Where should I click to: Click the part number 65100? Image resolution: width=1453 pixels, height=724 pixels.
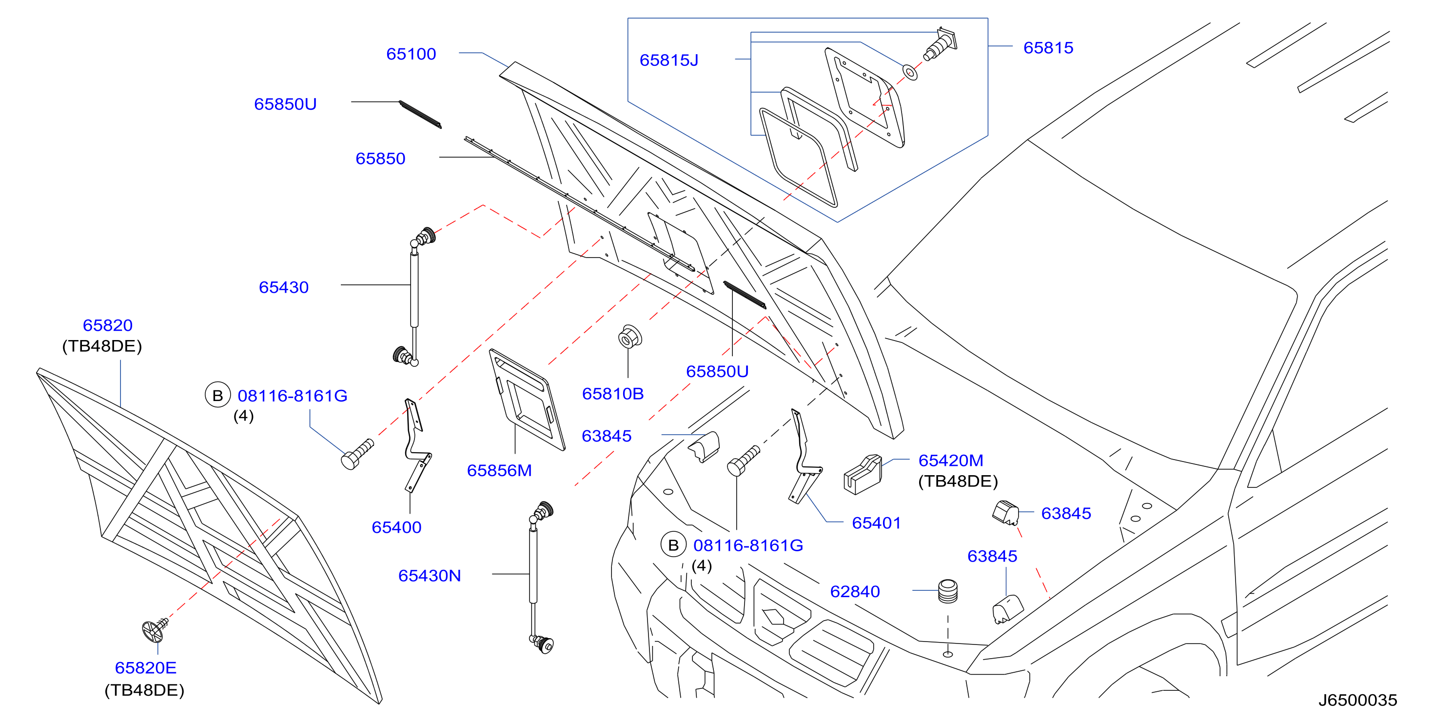click(411, 54)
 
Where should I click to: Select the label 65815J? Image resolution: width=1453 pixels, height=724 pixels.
click(668, 60)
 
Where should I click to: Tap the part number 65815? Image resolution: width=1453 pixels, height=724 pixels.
click(1048, 48)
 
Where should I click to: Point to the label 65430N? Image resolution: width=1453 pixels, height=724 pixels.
click(429, 576)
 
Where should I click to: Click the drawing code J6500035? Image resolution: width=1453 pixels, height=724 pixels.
click(1357, 700)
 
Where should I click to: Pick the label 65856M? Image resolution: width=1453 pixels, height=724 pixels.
click(499, 471)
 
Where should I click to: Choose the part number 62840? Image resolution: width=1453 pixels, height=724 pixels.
click(855, 591)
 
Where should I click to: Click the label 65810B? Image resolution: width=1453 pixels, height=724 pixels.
click(612, 394)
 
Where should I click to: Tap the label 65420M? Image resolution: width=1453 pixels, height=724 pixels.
click(950, 461)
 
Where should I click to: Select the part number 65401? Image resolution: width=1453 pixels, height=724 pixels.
click(876, 523)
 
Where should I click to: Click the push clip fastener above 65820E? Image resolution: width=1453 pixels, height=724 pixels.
click(155, 629)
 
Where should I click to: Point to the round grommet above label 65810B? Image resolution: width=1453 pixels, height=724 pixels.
click(629, 337)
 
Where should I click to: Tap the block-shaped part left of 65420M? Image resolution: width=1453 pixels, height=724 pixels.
click(863, 475)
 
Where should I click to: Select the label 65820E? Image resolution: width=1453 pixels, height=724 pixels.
click(145, 668)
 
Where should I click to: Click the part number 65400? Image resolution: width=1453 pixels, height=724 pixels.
click(396, 527)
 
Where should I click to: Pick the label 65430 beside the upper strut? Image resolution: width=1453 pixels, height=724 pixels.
click(283, 288)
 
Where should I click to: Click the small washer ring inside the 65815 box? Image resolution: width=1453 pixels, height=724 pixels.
click(910, 73)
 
